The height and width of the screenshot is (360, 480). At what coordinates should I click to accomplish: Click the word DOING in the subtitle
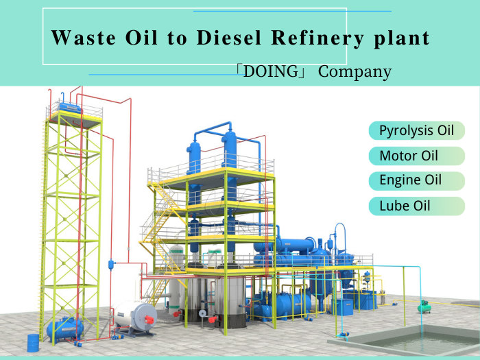[x=274, y=71]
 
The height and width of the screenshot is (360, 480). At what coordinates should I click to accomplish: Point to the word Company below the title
[x=355, y=71]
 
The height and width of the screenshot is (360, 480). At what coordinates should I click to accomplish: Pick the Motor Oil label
[x=409, y=156]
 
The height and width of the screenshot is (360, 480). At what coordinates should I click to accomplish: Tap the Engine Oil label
[x=411, y=180]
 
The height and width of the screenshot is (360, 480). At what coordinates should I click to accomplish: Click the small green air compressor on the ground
[x=426, y=305]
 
